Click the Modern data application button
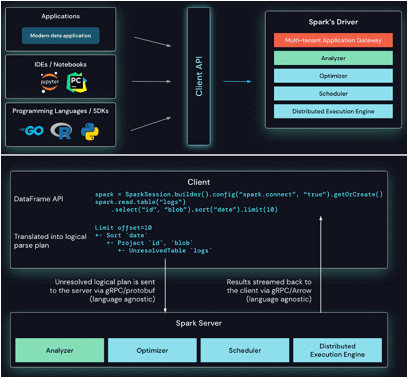pyautogui.click(x=60, y=36)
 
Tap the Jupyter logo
pyautogui.click(x=49, y=82)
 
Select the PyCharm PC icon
pyautogui.click(x=76, y=83)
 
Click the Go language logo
pyautogui.click(x=31, y=130)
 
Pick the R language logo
pyautogui.click(x=61, y=131)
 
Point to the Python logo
pyautogui.click(x=90, y=131)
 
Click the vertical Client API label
pyautogui.click(x=199, y=76)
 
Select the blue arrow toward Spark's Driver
pyautogui.click(x=238, y=81)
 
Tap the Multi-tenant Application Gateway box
pyautogui.click(x=333, y=40)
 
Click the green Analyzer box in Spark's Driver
pyautogui.click(x=333, y=58)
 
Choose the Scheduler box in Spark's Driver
pyautogui.click(x=333, y=93)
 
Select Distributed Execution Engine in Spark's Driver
pyautogui.click(x=333, y=111)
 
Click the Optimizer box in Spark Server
pyautogui.click(x=152, y=350)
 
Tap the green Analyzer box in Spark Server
pyautogui.click(x=60, y=350)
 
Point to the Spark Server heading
pyautogui.click(x=199, y=323)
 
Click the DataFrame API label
pyautogui.click(x=38, y=199)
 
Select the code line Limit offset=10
pyautogui.click(x=123, y=228)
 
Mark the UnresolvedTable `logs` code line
pyautogui.click(x=165, y=251)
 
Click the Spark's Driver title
pyautogui.click(x=333, y=22)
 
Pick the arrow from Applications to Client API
pyautogui.click(x=153, y=42)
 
